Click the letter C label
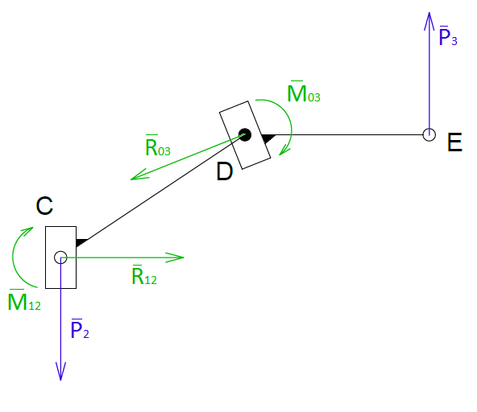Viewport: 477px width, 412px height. (x=44, y=206)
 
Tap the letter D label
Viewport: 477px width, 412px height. (x=225, y=171)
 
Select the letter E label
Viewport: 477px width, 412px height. (x=454, y=142)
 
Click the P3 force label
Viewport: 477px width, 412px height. (x=448, y=36)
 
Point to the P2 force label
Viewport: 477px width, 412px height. (x=80, y=329)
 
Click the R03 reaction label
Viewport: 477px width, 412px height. (x=158, y=146)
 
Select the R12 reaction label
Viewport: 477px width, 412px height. (x=144, y=275)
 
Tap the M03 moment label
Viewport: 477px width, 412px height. (x=304, y=92)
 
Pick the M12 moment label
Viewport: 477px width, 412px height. (x=24, y=300)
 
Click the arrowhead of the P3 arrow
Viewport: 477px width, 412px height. (x=429, y=20)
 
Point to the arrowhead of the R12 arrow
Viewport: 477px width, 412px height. (x=176, y=257)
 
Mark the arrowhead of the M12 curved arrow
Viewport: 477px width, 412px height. (x=27, y=231)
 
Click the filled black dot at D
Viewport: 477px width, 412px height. (x=245, y=135)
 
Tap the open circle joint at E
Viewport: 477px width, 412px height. (x=429, y=135)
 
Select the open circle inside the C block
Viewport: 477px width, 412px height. (x=60, y=257)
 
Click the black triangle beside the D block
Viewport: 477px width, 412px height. (x=267, y=138)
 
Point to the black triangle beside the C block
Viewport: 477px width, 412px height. (x=80, y=242)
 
